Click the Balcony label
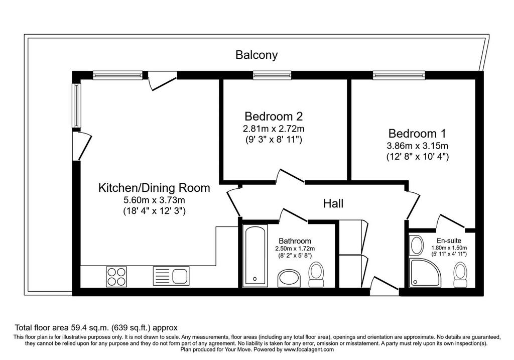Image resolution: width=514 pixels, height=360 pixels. point(256,55)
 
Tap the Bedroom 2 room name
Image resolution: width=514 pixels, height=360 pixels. point(274,116)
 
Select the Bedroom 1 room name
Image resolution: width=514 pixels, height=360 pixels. point(417,134)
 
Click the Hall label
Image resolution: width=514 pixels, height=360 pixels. point(333,204)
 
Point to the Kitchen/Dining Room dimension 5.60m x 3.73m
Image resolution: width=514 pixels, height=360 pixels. point(154,200)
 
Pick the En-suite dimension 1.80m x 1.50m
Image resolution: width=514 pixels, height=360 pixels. point(449,248)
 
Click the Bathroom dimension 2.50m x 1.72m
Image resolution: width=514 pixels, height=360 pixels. point(295,249)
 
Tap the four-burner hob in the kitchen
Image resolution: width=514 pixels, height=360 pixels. point(116,277)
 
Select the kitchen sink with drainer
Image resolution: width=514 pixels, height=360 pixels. point(171,275)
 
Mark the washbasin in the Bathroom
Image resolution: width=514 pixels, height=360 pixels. point(289,278)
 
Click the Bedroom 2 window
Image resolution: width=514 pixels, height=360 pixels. point(272,76)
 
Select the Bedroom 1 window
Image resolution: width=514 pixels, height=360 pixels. point(399,76)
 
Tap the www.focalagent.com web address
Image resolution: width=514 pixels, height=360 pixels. point(309,349)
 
